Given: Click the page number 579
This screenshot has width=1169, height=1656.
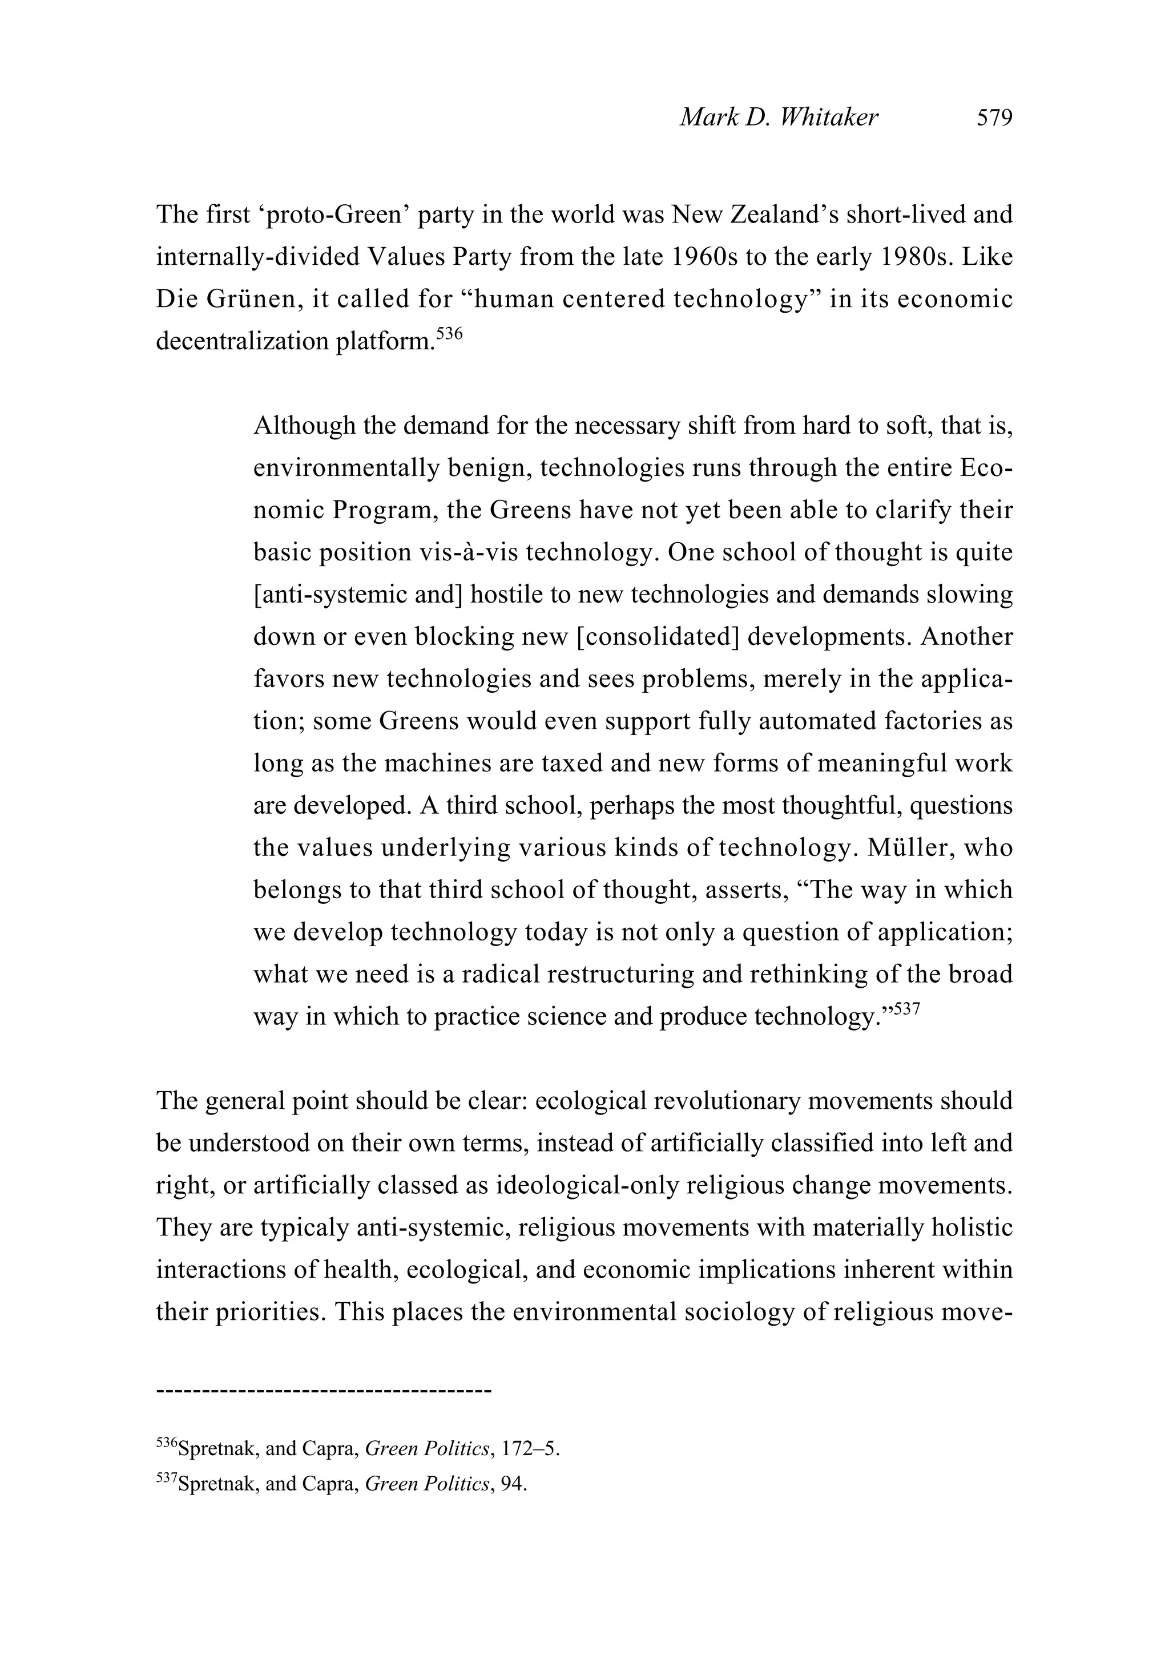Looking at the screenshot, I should pyautogui.click(x=994, y=118).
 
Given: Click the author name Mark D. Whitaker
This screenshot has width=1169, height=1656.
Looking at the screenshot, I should pyautogui.click(x=779, y=118).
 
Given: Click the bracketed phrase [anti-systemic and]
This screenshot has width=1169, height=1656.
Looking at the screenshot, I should pyautogui.click(x=358, y=595).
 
